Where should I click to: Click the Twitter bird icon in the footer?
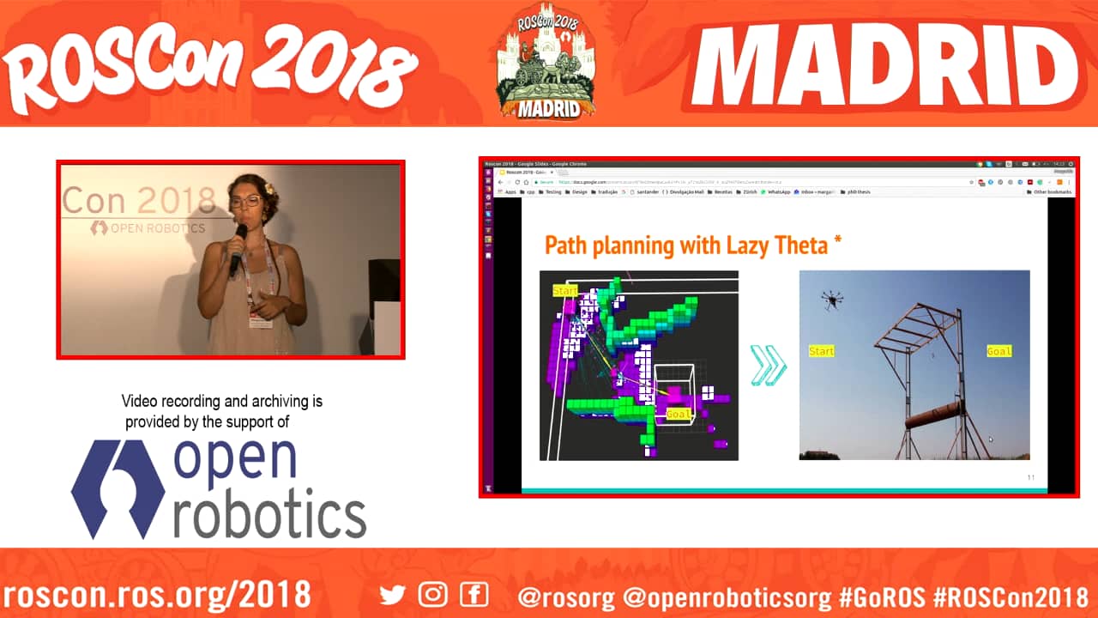(392, 594)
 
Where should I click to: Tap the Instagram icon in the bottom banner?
(433, 594)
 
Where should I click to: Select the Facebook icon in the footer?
(474, 594)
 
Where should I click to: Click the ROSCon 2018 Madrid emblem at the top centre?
(546, 64)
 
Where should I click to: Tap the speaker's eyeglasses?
(246, 202)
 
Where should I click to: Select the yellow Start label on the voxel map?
(565, 291)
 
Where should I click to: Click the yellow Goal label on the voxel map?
(679, 414)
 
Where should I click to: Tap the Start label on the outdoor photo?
(821, 351)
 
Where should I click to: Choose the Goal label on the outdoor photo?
(998, 351)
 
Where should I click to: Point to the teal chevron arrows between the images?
(768, 365)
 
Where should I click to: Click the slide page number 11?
(1031, 477)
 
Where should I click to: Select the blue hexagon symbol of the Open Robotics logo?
(118, 490)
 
